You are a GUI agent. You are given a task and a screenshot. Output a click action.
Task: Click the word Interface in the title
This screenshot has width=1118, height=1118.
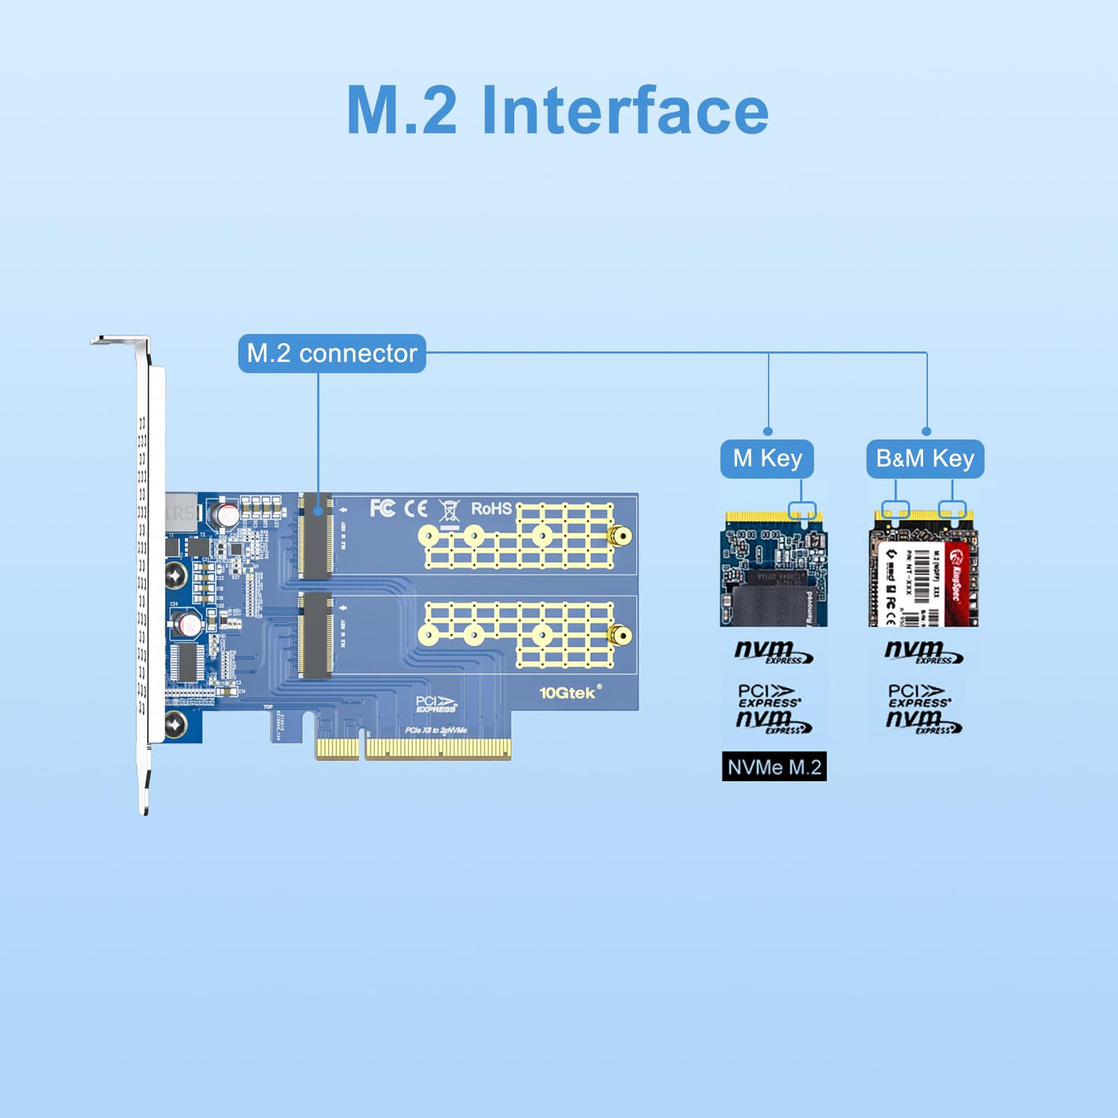click(x=624, y=111)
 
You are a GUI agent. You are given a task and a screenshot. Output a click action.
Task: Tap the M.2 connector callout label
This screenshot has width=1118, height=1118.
click(x=331, y=353)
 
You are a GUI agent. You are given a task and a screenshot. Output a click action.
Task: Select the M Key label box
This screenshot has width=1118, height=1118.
click(x=767, y=459)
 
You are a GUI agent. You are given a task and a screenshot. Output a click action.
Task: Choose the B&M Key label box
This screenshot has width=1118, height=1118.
click(x=925, y=459)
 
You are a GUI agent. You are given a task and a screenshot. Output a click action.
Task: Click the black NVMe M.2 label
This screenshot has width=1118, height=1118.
click(x=774, y=767)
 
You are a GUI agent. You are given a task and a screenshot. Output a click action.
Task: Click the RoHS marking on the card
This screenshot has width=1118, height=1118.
click(x=490, y=509)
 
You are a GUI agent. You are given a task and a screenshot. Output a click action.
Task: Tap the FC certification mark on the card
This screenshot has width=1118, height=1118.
click(x=382, y=509)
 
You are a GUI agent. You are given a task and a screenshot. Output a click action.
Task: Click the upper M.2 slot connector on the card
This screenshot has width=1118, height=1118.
click(x=315, y=536)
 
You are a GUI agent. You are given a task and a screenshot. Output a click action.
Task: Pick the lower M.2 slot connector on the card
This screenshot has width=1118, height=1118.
click(x=315, y=636)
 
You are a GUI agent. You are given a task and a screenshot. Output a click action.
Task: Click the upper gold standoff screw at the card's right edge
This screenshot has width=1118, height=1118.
click(x=620, y=536)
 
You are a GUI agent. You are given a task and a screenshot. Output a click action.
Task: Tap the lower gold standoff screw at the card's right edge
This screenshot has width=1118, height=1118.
click(x=620, y=636)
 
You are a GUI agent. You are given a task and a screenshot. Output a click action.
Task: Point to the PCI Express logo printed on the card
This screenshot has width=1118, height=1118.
click(x=436, y=704)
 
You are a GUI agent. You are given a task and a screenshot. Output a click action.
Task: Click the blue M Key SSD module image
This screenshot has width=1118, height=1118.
click(x=773, y=569)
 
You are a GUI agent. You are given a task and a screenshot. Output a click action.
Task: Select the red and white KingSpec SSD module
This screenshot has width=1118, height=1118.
click(x=923, y=569)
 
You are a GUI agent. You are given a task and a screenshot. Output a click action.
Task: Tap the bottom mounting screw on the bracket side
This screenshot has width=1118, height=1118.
click(x=175, y=725)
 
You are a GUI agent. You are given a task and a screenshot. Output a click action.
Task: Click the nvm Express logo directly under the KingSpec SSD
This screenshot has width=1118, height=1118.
click(x=923, y=652)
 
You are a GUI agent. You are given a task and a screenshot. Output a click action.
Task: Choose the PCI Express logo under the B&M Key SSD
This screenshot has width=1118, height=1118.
click(x=918, y=695)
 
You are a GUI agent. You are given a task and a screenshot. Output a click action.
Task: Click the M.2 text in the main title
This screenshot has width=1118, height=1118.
click(x=402, y=111)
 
